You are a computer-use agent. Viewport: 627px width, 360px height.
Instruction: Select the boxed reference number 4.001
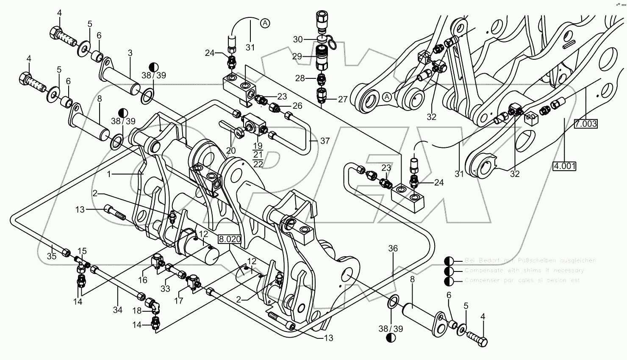click(x=565, y=166)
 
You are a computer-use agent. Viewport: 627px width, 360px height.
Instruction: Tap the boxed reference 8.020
click(x=230, y=239)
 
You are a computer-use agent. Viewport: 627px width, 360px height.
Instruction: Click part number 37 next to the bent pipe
click(x=325, y=141)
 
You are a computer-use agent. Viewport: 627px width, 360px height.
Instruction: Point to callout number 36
click(x=393, y=249)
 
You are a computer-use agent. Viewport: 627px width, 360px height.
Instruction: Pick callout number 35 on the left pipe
click(x=52, y=256)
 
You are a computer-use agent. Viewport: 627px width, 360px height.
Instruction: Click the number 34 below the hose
click(x=117, y=310)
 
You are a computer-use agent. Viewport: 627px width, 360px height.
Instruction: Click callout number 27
click(x=343, y=100)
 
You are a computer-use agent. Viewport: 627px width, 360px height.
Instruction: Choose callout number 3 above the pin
click(x=130, y=53)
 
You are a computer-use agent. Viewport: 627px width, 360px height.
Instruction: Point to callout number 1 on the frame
click(x=109, y=174)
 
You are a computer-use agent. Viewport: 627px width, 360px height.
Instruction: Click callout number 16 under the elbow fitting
click(x=142, y=280)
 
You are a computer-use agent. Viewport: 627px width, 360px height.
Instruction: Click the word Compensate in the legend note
click(x=483, y=270)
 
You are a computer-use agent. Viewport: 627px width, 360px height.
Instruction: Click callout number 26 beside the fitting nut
click(x=298, y=106)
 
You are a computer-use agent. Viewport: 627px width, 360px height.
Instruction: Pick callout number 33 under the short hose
click(x=165, y=288)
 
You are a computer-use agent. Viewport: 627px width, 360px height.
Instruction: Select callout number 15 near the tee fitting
click(x=82, y=251)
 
